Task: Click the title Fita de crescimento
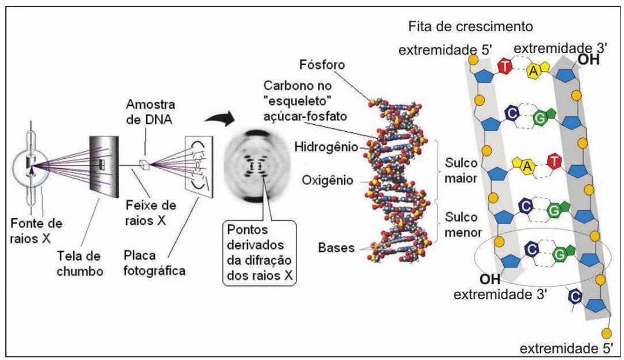[470, 27]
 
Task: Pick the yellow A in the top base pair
[533, 70]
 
